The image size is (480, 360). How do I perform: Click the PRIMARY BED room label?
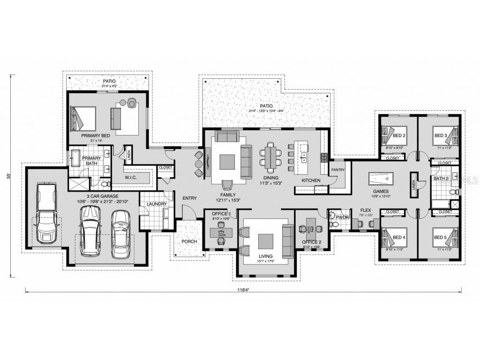[x=95, y=136]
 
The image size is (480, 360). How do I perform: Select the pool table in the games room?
[x=382, y=179]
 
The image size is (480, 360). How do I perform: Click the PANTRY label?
[x=337, y=170]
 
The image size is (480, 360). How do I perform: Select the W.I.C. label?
[x=130, y=178]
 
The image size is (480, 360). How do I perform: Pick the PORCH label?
[x=189, y=241]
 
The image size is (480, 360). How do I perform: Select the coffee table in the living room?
[x=265, y=240]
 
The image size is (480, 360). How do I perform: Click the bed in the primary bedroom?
[x=82, y=118]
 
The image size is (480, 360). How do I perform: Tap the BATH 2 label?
[x=441, y=179]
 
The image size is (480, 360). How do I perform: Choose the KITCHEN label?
[x=311, y=180]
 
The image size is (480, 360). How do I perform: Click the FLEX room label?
[x=366, y=210]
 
